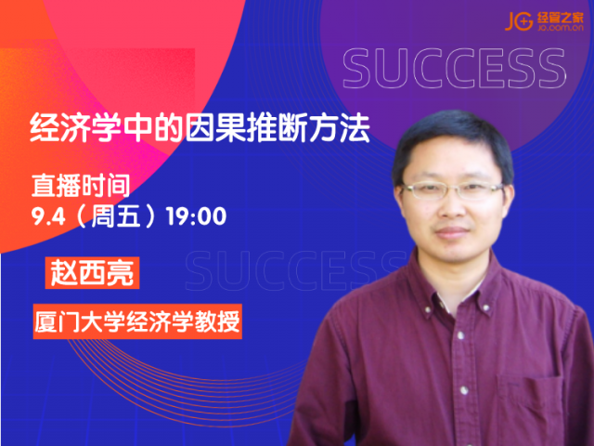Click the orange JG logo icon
(519, 20)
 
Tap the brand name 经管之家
(561, 18)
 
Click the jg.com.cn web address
(561, 28)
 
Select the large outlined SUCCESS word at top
(454, 69)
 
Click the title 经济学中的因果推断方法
(200, 128)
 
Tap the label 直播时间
(81, 186)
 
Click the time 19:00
(196, 216)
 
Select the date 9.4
(48, 216)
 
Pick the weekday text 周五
(115, 216)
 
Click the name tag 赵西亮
(92, 272)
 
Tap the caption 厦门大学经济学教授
(137, 321)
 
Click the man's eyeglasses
(452, 190)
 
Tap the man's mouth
(451, 231)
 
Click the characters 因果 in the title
(215, 128)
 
